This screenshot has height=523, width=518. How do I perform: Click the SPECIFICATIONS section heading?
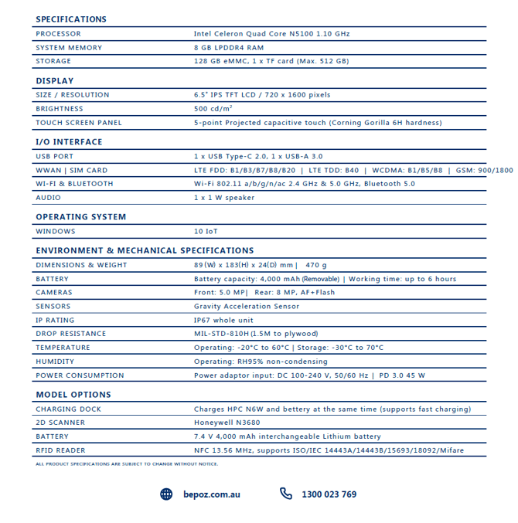[x=71, y=19]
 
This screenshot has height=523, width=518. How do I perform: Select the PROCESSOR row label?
[x=58, y=34]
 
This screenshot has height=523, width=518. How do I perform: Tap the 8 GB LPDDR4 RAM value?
[x=229, y=48]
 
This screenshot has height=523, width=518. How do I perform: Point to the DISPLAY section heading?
[x=55, y=81]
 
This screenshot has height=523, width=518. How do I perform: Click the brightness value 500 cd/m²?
[x=212, y=109]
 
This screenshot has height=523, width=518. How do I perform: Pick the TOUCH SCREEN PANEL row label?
[x=79, y=123]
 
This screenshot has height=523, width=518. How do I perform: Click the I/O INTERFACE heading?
[x=69, y=142]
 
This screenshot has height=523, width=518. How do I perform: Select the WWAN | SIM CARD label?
[x=72, y=170]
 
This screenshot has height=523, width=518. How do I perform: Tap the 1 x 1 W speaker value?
[x=224, y=198]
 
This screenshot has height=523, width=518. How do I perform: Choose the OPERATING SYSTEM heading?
[x=81, y=217]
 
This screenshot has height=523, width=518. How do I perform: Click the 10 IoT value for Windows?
[x=206, y=231]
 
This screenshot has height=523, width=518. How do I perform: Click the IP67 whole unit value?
[x=223, y=320]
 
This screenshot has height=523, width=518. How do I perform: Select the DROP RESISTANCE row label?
[x=71, y=334]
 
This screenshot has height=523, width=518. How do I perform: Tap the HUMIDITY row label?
[x=55, y=362]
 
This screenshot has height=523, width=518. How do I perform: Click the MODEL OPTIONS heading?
[x=73, y=395]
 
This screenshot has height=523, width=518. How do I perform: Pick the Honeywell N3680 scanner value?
[x=228, y=423]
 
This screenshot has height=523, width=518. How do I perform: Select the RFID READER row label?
[x=61, y=450]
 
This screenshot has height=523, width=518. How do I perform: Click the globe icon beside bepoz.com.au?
[x=166, y=494]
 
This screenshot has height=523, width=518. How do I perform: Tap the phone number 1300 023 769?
[x=329, y=494]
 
